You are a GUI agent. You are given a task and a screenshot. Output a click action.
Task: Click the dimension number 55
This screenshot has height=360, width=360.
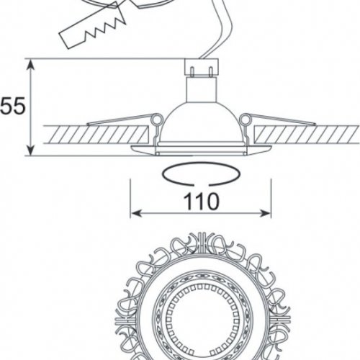(12, 106)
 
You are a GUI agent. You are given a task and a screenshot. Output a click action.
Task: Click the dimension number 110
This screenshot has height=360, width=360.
(201, 201)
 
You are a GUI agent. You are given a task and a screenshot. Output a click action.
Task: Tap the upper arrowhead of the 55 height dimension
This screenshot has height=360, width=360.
(30, 65)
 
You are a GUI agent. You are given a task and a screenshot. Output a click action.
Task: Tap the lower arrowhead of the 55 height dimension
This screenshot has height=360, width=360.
(30, 150)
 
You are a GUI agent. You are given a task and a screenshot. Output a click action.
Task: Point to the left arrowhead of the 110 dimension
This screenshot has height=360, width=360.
(136, 213)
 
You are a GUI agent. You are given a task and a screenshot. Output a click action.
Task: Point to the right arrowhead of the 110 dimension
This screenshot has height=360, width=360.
(266, 213)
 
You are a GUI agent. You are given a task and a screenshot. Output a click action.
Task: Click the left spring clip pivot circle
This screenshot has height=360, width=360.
(157, 120)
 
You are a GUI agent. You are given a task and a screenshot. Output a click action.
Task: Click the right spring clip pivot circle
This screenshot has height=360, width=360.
(245, 120)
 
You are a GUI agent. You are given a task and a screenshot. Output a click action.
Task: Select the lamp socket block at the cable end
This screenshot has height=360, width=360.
(202, 68)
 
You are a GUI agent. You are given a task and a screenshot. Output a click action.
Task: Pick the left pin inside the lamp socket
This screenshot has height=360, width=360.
(192, 71)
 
